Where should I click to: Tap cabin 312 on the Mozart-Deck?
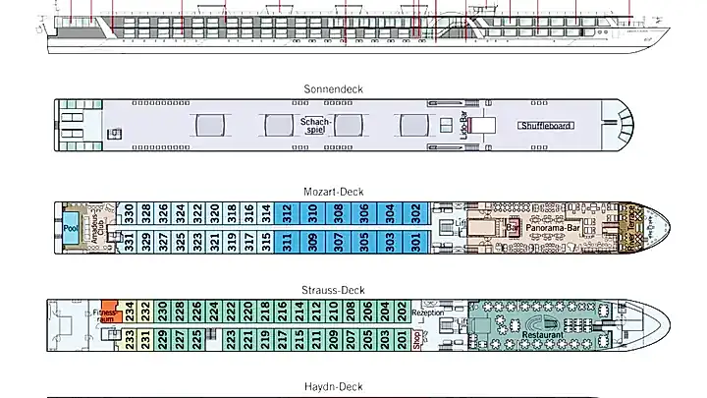pos(287,210)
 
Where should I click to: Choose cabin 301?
pos(415,240)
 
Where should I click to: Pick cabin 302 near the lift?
pos(415,210)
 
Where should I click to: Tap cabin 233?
pos(130,338)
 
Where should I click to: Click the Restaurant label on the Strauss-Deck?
pos(543,336)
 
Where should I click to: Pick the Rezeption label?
pos(428,313)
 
